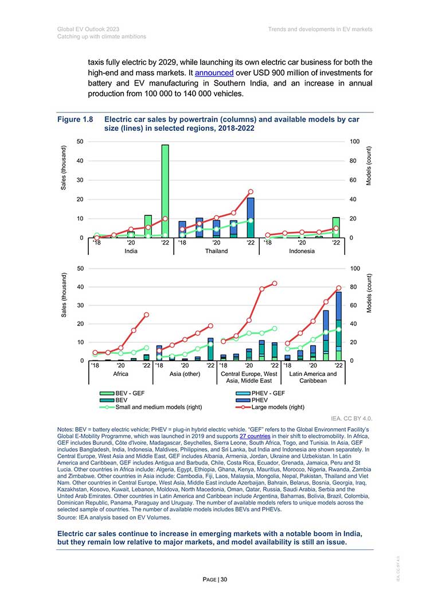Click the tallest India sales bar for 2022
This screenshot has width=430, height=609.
165,191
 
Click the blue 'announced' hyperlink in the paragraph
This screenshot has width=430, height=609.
214,73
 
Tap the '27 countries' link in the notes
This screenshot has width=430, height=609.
255,436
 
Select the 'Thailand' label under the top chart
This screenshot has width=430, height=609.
216,251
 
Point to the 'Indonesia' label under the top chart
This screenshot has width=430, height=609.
302,251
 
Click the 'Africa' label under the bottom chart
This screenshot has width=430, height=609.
120,374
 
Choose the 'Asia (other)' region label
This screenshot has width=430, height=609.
185,374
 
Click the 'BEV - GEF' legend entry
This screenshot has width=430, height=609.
122,393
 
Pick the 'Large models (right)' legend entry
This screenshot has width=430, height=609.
269,407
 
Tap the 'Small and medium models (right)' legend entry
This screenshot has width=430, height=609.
151,407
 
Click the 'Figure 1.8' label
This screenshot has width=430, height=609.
75,119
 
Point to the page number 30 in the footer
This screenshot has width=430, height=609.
224,580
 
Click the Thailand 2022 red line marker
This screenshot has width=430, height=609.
251,192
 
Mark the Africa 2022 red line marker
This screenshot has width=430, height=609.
146,315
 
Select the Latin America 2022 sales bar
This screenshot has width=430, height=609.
338,326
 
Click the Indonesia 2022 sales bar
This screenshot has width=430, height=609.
336,228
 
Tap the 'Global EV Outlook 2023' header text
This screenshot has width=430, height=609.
88,29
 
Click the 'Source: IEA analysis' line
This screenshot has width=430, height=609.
114,517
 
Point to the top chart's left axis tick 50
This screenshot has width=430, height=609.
80,141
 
